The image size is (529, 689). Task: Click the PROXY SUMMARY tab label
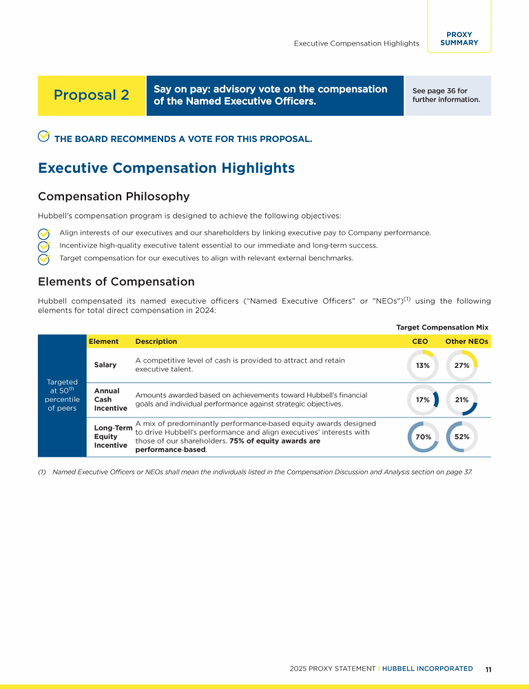point(459,39)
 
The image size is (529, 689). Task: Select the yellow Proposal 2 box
point(92,95)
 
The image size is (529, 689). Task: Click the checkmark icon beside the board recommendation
point(43,137)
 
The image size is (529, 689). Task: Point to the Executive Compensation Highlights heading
point(166,168)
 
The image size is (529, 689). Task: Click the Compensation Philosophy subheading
point(114,196)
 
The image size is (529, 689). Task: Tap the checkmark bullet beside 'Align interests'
point(43,233)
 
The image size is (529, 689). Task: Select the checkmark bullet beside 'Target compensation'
point(43,259)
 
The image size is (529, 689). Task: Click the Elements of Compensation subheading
point(116,282)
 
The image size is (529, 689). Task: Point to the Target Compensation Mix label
point(442,327)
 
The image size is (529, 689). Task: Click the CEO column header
point(419,341)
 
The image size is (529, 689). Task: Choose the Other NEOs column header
point(466,341)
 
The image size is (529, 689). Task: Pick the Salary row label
point(105,364)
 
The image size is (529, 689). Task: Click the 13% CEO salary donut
point(423,365)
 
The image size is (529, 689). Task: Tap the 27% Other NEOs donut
point(461,365)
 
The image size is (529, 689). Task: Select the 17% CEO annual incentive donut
point(423,400)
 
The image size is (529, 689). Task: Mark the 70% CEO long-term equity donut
point(423,436)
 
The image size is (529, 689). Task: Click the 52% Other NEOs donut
point(461,436)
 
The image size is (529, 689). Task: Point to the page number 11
point(488,669)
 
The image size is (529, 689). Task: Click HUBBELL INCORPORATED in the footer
point(427,668)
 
